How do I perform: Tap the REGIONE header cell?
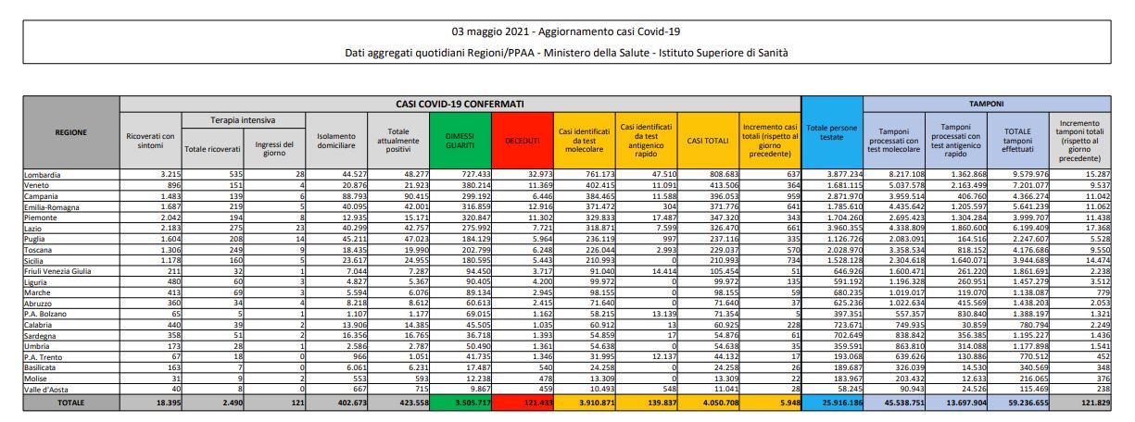click(x=71, y=132)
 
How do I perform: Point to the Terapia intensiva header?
click(x=242, y=120)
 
